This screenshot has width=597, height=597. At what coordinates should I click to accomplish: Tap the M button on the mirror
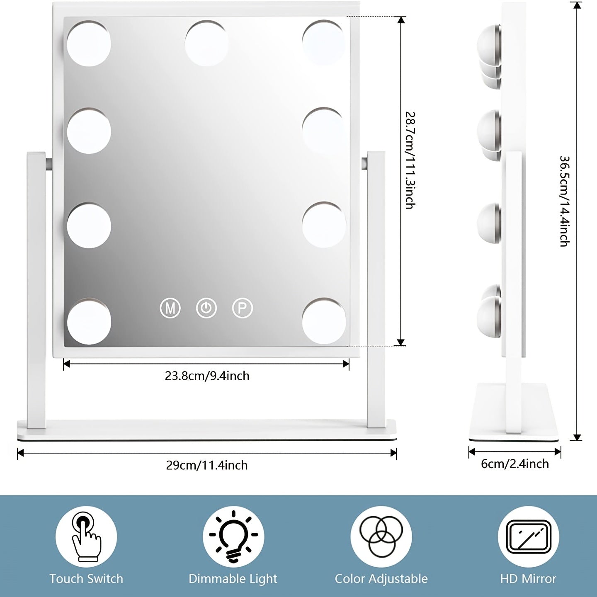click(170, 308)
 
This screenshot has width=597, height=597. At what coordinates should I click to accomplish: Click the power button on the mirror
click(206, 308)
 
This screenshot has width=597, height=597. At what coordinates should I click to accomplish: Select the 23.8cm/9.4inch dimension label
click(207, 376)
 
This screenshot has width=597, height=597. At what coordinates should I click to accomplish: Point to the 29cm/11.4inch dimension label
click(207, 465)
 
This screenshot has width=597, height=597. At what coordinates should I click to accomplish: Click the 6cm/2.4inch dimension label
click(514, 464)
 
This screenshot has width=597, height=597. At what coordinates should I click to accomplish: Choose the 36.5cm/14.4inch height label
click(564, 201)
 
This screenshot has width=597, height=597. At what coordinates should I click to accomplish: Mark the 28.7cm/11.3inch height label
click(409, 160)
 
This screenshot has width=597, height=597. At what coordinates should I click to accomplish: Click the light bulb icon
click(233, 536)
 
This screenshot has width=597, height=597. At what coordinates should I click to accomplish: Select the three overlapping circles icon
click(381, 536)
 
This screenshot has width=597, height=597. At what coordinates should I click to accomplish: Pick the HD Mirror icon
click(528, 536)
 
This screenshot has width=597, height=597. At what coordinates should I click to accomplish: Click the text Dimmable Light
click(233, 579)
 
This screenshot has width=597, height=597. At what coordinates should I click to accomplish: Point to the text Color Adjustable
click(381, 579)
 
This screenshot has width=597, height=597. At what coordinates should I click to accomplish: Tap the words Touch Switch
click(86, 579)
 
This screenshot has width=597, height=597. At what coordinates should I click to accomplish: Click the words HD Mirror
click(528, 579)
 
